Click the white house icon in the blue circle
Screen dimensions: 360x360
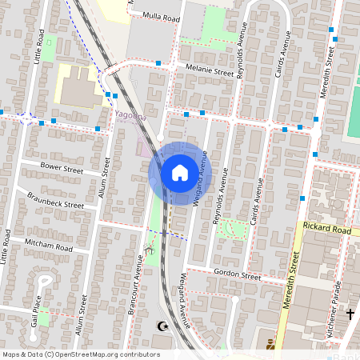(x=180, y=172)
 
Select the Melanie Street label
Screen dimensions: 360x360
(x=210, y=70)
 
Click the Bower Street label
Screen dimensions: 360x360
(x=62, y=170)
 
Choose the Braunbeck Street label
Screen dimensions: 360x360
(x=55, y=199)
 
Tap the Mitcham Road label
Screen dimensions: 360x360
(x=50, y=244)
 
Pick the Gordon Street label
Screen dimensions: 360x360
(x=238, y=274)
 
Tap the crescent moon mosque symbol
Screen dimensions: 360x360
(x=164, y=326)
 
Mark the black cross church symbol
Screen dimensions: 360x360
(x=350, y=314)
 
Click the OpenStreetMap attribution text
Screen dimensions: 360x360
(x=81, y=354)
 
